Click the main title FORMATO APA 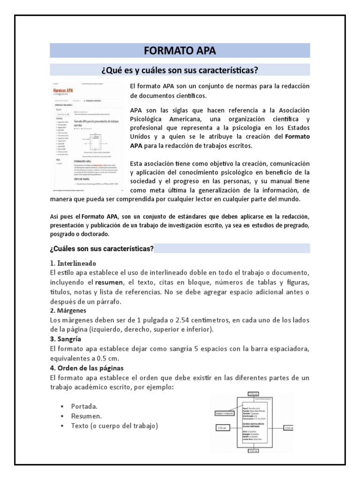pyautogui.click(x=180, y=51)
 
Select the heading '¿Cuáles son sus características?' pyautogui.click(x=101, y=248)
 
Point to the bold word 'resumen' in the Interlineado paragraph pyautogui.click(x=111, y=283)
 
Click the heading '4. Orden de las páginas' pyautogui.click(x=87, y=367)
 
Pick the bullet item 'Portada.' pyautogui.click(x=85, y=406)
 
